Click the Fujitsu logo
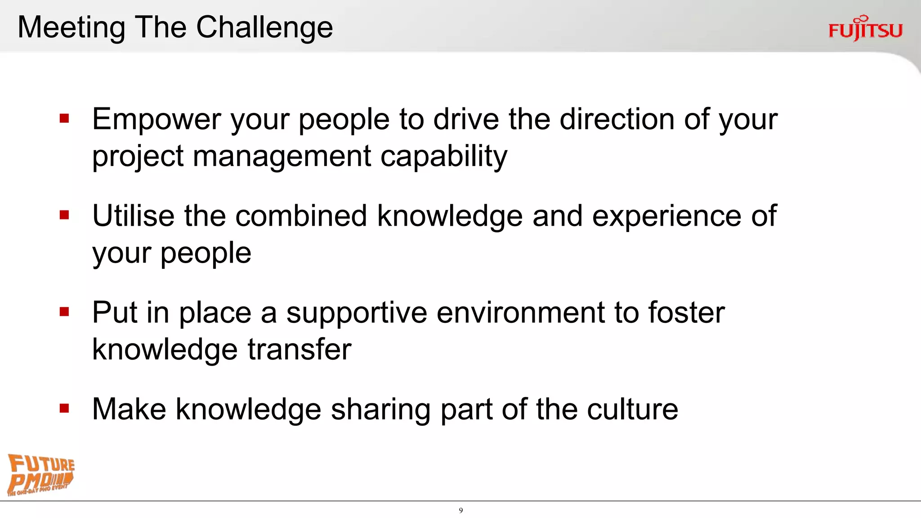(865, 29)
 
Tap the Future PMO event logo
(40, 475)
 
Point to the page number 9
(460, 510)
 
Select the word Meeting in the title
(71, 28)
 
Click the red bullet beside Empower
(64, 119)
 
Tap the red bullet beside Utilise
(64, 215)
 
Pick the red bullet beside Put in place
(64, 312)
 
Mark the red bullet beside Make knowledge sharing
(64, 408)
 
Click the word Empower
(156, 120)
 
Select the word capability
(444, 156)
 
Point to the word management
(282, 156)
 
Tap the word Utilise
(133, 216)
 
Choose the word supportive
(357, 313)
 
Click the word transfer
(300, 349)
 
